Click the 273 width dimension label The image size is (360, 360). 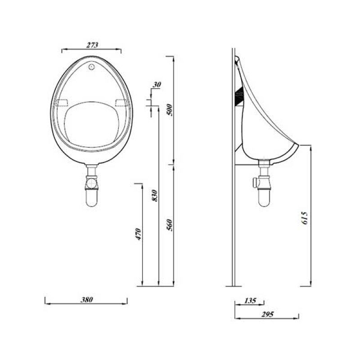pos(91,44)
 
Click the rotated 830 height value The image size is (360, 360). pos(154,195)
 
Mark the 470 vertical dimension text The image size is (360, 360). pos(139,234)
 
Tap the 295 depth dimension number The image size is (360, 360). pos(266,315)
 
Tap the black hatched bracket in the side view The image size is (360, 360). pos(239,95)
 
